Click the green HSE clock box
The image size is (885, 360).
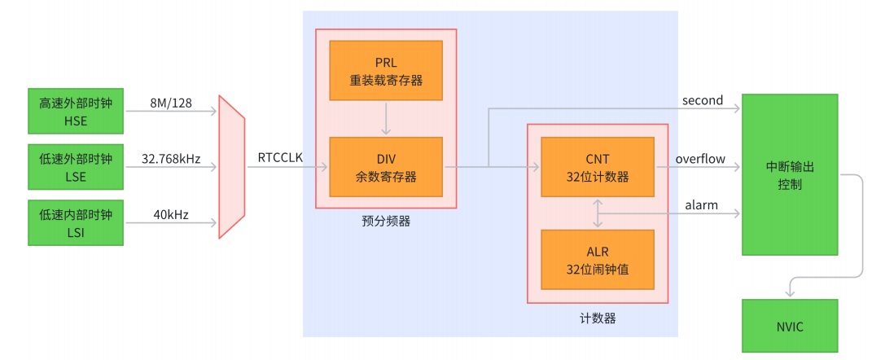[75, 111]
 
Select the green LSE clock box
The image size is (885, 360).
[75, 166]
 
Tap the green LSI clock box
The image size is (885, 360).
[75, 222]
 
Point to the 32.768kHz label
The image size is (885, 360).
[171, 159]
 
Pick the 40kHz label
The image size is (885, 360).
[170, 215]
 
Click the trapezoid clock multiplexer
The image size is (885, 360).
[231, 166]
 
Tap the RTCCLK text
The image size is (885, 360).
[280, 158]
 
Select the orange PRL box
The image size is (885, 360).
[386, 71]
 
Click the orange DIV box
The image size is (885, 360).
[386, 167]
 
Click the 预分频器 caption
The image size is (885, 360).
[386, 221]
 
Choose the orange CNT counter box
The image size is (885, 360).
[598, 167]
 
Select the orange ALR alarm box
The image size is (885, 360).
[598, 259]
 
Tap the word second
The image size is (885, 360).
[702, 100]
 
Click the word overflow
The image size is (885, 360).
[699, 159]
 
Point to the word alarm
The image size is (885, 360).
[701, 205]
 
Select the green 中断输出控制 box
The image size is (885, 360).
[790, 174]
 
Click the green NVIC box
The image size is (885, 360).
[790, 326]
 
